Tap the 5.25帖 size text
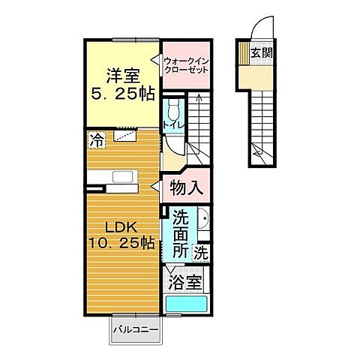(118, 96)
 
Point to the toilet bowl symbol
(173, 106)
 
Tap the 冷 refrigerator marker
(97, 138)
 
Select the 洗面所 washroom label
(181, 235)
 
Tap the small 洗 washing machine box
(201, 253)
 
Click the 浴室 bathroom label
(184, 283)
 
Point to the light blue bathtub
(184, 304)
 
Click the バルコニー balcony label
(136, 328)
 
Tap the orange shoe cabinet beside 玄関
(244, 52)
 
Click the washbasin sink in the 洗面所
(203, 223)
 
